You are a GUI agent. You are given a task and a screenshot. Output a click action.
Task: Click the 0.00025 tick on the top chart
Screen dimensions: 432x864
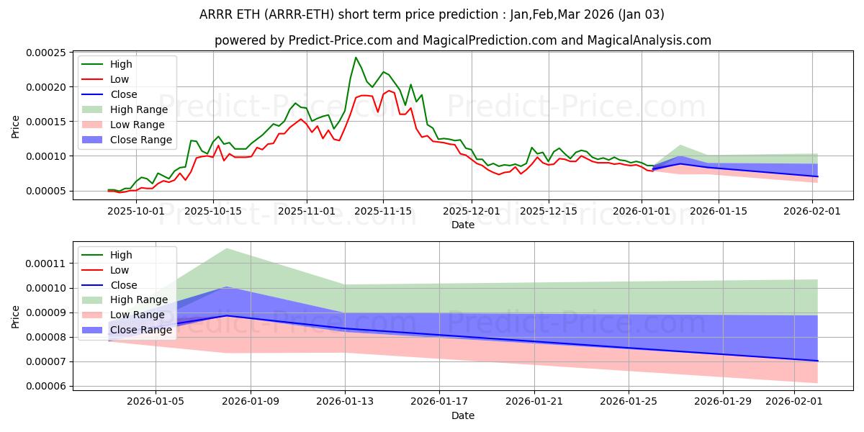[47, 53]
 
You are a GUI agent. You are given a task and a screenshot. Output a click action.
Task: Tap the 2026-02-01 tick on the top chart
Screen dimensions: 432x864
[813, 211]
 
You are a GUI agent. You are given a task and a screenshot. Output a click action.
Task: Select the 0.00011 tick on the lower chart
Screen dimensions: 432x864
[47, 264]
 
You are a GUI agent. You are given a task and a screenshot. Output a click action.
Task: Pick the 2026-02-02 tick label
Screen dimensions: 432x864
[796, 402]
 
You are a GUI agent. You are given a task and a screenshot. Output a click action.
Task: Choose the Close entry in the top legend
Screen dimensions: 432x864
[125, 94]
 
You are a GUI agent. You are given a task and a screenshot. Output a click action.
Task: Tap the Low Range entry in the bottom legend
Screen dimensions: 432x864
[136, 315]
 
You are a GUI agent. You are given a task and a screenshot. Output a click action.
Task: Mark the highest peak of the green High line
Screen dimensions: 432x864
[356, 58]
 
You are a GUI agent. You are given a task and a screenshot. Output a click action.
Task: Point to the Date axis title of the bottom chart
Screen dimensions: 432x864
[462, 415]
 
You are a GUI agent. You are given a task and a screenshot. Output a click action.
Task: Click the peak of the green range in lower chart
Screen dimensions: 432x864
[227, 248]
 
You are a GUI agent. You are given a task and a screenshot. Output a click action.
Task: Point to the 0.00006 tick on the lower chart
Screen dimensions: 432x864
[47, 386]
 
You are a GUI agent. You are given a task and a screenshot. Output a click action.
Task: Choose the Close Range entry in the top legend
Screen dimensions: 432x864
[141, 140]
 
